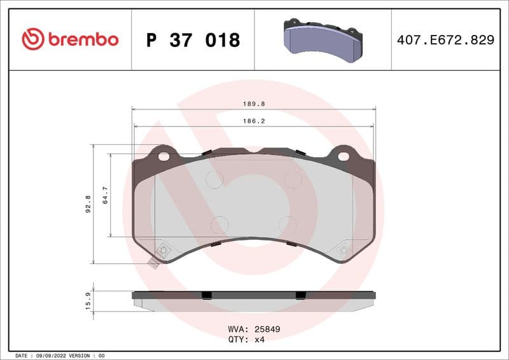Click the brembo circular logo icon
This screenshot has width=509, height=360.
(33, 39)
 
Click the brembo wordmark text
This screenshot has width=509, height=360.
(83, 39)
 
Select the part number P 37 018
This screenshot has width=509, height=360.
(193, 40)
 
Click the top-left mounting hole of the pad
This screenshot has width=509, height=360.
(164, 156)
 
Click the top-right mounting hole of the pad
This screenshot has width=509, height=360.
(344, 156)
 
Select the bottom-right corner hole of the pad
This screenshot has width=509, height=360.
(344, 251)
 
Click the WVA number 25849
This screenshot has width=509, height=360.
(267, 329)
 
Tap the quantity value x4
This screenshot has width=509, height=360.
(259, 340)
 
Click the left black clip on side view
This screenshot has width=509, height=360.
(206, 295)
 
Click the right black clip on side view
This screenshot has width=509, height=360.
(300, 295)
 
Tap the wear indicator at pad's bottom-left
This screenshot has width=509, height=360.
(153, 263)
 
